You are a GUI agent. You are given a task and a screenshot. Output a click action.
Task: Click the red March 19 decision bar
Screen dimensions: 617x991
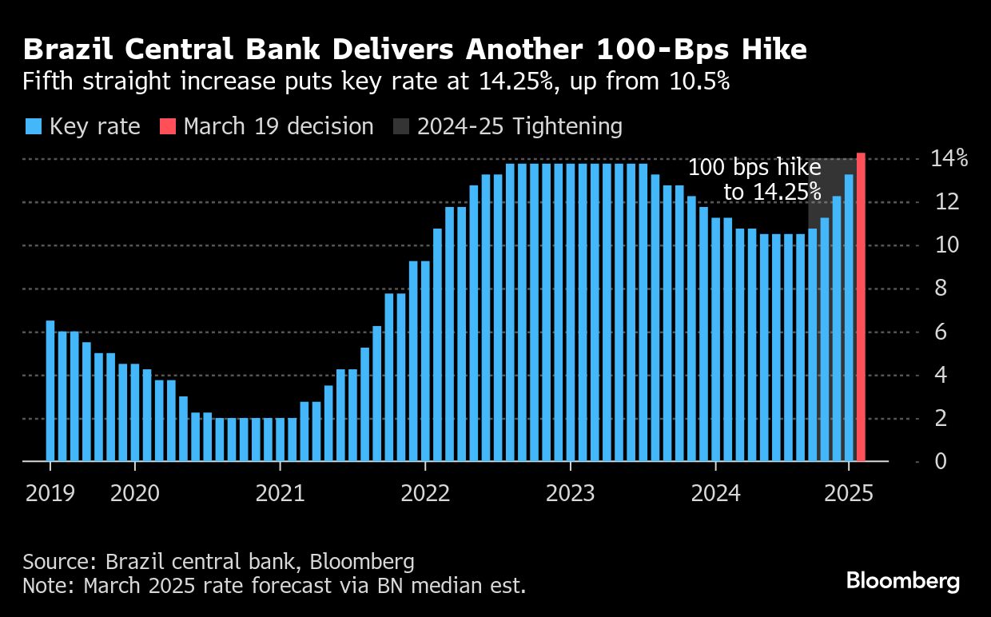pos(861,307)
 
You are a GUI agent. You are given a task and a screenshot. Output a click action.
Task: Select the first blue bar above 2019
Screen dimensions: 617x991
pos(50,391)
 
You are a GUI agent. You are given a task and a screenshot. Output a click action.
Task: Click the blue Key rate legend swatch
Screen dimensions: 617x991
pos(33,127)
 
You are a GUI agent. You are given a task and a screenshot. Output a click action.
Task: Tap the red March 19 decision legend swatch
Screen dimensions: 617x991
pos(167,127)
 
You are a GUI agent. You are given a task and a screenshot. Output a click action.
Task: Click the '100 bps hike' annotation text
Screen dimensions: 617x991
pos(754,168)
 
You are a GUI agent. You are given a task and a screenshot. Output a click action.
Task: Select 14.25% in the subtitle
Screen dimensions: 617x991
pos(515,82)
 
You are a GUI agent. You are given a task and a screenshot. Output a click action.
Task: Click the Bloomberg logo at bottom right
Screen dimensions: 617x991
pos(902,581)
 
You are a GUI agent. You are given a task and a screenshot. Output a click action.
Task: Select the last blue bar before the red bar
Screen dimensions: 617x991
pos(849,318)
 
